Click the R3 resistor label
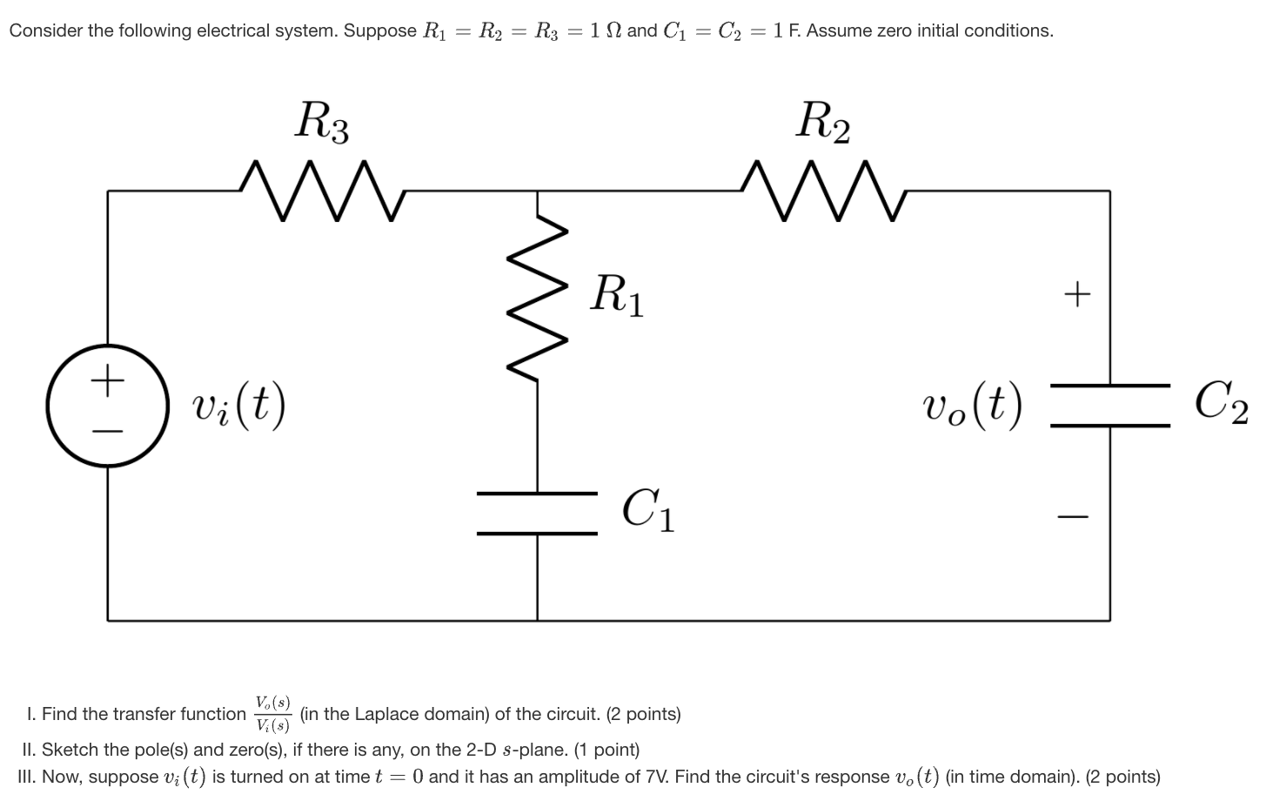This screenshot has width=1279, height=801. click(x=322, y=122)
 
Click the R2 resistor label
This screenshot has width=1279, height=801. click(x=823, y=122)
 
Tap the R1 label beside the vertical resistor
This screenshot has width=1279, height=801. click(x=617, y=296)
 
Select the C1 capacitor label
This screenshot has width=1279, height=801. click(x=648, y=510)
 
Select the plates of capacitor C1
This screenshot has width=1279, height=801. click(x=537, y=513)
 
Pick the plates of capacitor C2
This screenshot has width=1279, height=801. click(x=1109, y=405)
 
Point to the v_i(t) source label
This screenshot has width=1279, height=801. click(x=238, y=405)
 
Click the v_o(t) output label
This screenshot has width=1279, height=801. click(x=972, y=405)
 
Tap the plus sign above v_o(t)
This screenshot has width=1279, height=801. click(x=1077, y=294)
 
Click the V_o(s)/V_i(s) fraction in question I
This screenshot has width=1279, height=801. click(x=273, y=714)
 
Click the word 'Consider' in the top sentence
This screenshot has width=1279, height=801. click(x=46, y=31)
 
